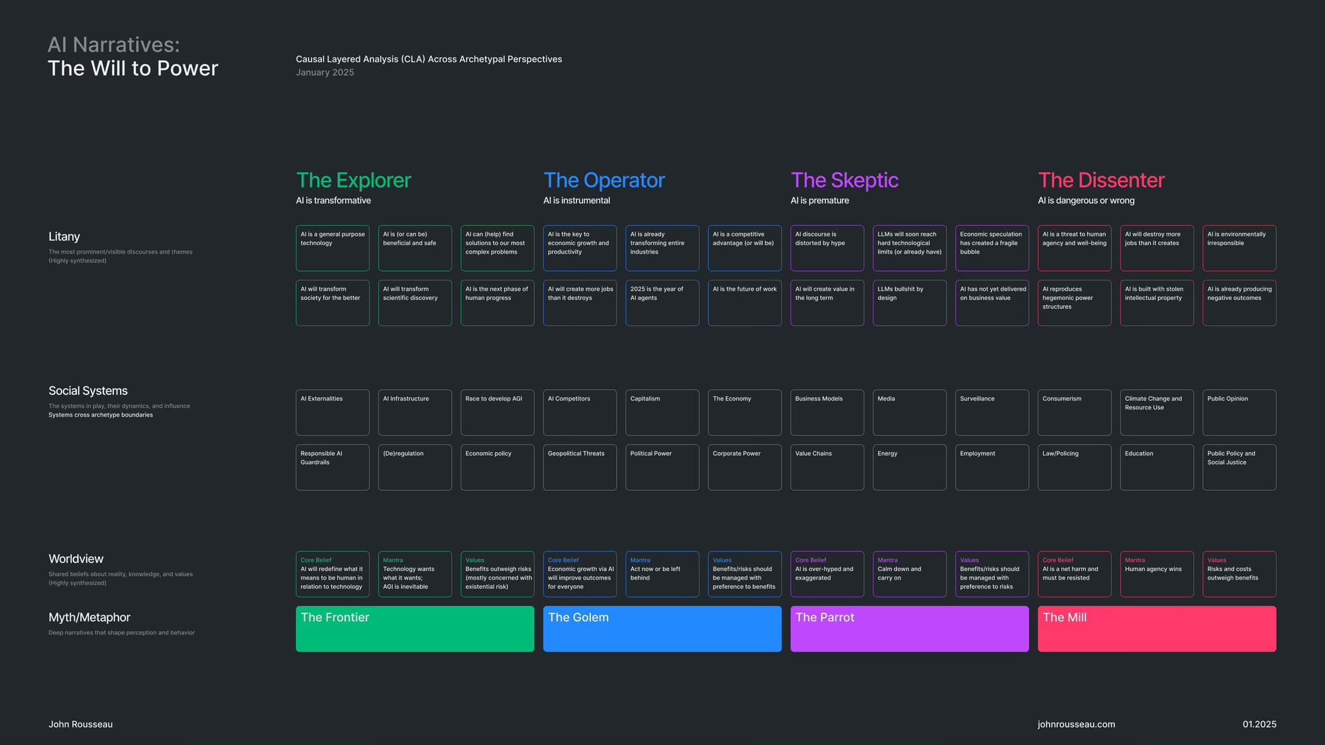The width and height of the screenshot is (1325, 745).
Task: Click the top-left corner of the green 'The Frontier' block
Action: coord(296,607)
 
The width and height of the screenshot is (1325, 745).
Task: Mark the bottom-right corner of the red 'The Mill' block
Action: coord(1276,652)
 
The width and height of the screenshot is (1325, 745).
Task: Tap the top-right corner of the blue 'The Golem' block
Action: coord(782,607)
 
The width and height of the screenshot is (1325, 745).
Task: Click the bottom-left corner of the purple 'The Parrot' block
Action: coord(791,652)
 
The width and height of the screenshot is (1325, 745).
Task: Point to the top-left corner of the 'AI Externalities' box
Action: coord(296,390)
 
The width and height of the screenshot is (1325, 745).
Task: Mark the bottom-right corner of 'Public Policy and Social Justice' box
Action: coord(1276,490)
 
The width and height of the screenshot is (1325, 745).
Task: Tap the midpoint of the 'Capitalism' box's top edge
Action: coord(662,390)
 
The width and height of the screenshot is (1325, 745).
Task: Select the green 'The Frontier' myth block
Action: coord(415,629)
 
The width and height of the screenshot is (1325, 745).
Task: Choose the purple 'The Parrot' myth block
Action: coord(910,629)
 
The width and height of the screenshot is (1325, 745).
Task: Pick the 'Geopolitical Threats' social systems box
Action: coord(580,468)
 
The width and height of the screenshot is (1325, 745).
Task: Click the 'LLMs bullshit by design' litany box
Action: coord(910,303)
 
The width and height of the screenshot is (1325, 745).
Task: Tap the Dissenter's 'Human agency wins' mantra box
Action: coord(1157,574)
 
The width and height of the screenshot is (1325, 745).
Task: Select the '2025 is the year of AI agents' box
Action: coord(662,303)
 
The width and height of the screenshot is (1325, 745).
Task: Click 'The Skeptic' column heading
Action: coord(845,180)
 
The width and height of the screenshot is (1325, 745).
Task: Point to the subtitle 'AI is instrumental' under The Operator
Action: coord(576,201)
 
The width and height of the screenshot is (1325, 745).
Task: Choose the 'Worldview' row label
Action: coord(76,559)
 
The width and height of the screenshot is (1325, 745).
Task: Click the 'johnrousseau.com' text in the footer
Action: coord(1077,724)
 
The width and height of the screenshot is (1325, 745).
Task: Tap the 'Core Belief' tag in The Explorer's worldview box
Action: coord(316,560)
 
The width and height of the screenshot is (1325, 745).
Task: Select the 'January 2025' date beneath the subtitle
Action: coord(325,72)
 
